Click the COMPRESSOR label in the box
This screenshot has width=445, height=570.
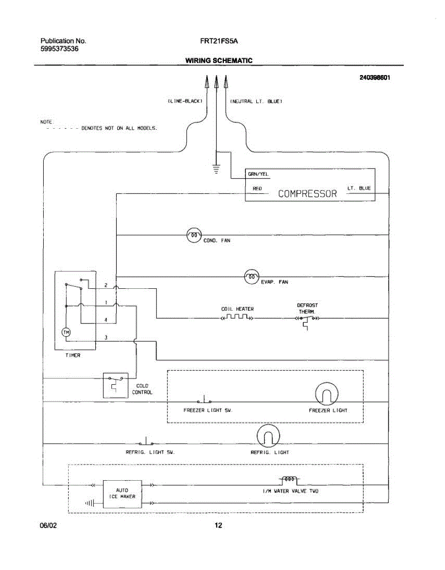click(307, 193)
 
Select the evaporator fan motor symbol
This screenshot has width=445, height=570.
click(252, 276)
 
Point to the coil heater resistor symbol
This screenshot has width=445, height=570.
click(237, 317)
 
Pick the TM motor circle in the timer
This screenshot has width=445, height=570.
click(66, 331)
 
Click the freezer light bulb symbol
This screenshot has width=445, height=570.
click(327, 394)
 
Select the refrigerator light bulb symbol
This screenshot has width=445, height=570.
click(268, 436)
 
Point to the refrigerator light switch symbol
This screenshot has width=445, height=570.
click(146, 441)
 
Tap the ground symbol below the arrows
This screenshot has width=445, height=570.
click(216, 168)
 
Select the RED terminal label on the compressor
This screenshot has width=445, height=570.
click(257, 189)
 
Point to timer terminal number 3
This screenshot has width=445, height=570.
click(106, 337)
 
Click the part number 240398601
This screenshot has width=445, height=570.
click(375, 77)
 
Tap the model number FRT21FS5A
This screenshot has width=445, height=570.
click(219, 41)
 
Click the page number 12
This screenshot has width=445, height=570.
click(218, 525)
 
